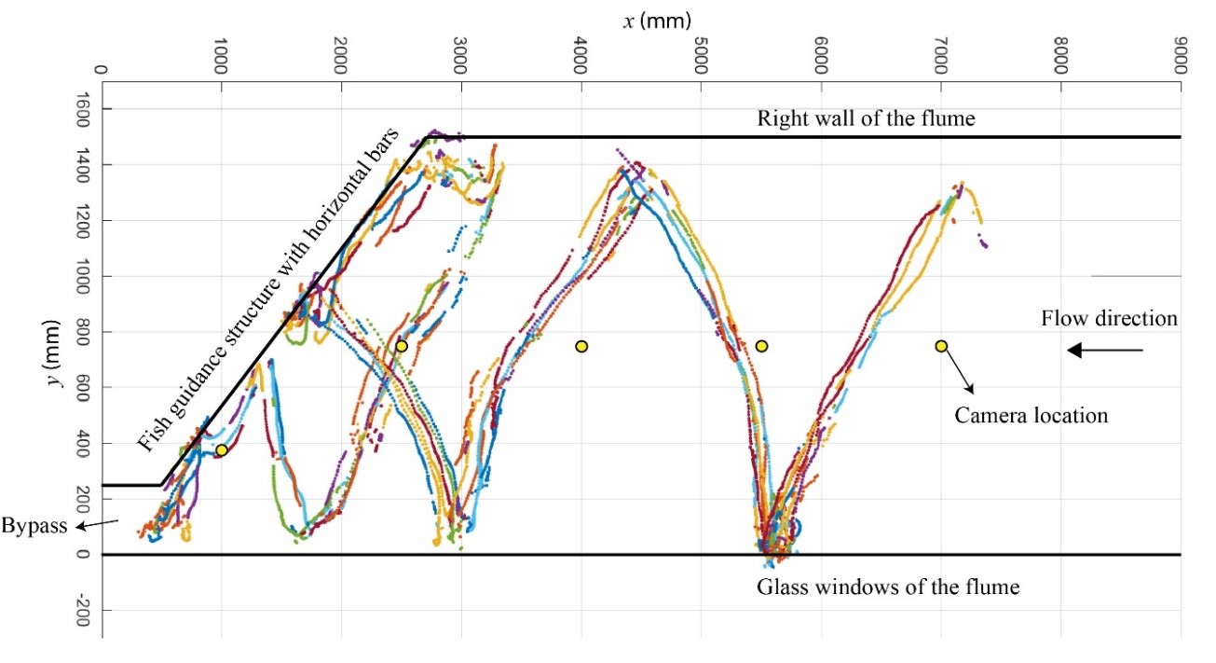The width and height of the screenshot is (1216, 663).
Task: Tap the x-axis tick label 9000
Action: tap(1181, 59)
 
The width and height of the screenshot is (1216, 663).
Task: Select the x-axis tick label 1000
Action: tap(221, 59)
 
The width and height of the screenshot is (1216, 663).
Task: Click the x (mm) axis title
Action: tap(642, 18)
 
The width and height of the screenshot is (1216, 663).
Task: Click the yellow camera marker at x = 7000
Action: tap(941, 346)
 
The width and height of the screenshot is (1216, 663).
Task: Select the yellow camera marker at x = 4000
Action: tap(581, 347)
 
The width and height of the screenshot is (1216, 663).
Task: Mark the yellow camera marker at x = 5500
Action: tap(761, 347)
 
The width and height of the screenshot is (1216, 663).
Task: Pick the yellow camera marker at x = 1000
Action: tap(222, 450)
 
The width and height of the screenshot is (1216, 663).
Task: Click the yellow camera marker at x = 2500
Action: tap(402, 346)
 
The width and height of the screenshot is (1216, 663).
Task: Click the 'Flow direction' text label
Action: tap(1109, 319)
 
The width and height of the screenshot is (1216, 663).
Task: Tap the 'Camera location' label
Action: tap(1032, 415)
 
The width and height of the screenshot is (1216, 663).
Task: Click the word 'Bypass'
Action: tap(34, 525)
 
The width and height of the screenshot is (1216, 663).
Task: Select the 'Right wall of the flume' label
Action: tap(866, 118)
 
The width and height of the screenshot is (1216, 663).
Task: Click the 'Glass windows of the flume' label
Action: tap(888, 587)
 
